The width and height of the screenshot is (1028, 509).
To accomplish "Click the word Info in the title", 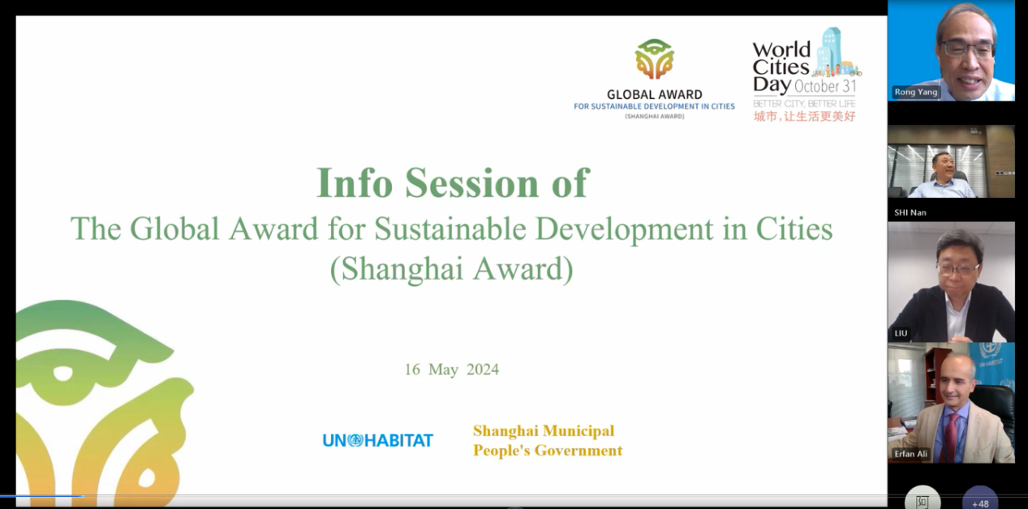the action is [x=355, y=183].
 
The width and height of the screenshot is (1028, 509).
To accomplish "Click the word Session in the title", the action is [x=471, y=183].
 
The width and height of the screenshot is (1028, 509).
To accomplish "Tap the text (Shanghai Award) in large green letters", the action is [x=452, y=269].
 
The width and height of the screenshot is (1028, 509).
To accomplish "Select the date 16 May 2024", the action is [x=452, y=369].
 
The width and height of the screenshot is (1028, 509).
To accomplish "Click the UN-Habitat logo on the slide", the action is [x=378, y=440].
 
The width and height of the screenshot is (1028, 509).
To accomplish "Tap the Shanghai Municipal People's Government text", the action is [x=548, y=441].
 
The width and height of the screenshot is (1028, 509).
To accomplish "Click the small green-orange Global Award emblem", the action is [x=654, y=59].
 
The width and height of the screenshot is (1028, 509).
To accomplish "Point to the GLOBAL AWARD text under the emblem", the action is [x=655, y=95].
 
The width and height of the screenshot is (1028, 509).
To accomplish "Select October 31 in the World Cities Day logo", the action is [x=825, y=86].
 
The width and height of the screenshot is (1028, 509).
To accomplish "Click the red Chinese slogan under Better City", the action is [x=805, y=117].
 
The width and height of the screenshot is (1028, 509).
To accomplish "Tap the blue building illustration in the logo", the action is [x=830, y=50].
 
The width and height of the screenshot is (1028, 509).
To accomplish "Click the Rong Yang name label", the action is [x=915, y=92].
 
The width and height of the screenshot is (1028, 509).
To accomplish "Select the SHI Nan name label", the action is [x=910, y=213].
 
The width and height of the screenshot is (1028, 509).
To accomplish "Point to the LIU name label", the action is [x=901, y=333].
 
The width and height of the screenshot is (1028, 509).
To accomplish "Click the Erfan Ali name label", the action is [x=911, y=454].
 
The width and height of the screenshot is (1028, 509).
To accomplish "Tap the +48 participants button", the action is [x=980, y=500].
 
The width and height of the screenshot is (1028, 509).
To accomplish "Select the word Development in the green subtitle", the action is [x=624, y=229].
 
